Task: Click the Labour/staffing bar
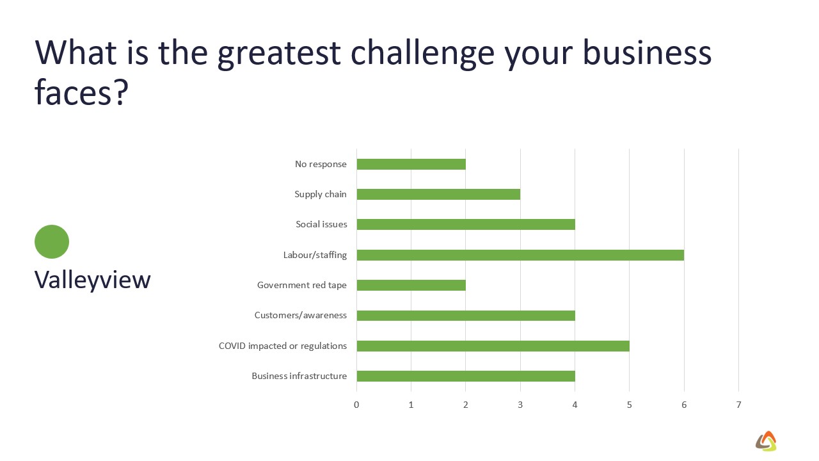click(x=520, y=255)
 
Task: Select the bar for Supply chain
click(x=438, y=194)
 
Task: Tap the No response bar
click(x=411, y=165)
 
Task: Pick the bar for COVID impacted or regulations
click(x=493, y=346)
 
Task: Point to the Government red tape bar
click(x=411, y=285)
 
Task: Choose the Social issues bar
click(x=466, y=224)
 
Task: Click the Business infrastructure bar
click(x=466, y=376)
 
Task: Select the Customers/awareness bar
click(x=466, y=316)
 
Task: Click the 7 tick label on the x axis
click(x=738, y=405)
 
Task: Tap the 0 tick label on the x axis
click(x=356, y=405)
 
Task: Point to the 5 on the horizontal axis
click(x=629, y=405)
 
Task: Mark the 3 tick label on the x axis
click(x=520, y=405)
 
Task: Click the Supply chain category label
click(x=321, y=194)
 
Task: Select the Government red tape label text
click(x=302, y=285)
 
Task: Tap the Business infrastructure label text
click(x=299, y=376)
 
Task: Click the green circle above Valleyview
click(x=52, y=241)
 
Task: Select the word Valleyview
click(x=93, y=280)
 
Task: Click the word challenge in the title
click(x=423, y=53)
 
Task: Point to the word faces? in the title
click(x=81, y=92)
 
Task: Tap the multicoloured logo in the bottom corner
click(x=766, y=441)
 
